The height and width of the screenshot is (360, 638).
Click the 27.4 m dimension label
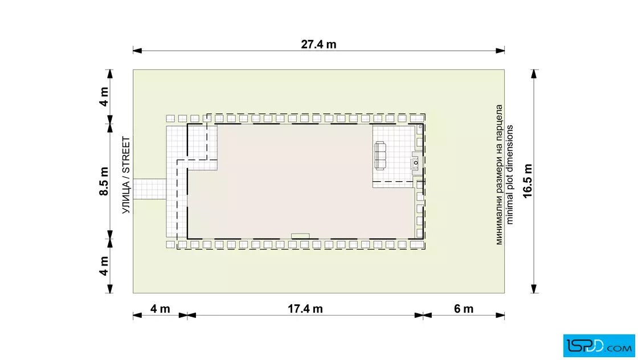click(318, 44)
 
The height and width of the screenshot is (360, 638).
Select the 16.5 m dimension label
click(527, 181)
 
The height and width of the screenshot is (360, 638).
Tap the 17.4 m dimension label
click(305, 309)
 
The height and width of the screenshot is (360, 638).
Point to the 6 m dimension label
click(464, 309)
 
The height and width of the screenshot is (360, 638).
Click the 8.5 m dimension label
click(104, 181)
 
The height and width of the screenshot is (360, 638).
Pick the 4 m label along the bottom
click(160, 309)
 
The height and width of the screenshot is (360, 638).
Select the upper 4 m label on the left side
click(104, 97)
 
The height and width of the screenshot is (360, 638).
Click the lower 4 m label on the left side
click(104, 265)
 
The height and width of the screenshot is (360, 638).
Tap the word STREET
click(126, 154)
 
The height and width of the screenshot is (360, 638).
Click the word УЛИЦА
click(126, 198)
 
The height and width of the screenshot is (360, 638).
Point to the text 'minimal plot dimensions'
click(510, 174)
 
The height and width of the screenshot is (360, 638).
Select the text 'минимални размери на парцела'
click(499, 174)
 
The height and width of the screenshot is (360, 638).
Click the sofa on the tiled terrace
click(380, 156)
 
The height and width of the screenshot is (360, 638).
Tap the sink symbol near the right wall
click(416, 163)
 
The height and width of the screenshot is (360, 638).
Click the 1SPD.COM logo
click(599, 345)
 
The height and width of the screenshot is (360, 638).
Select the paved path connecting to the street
click(150, 189)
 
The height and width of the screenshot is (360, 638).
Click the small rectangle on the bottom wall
click(300, 236)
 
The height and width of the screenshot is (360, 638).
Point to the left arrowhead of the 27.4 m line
click(137, 51)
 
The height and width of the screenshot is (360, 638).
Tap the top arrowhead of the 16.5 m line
click(534, 73)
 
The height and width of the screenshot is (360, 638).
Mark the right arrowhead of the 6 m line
click(501, 315)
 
